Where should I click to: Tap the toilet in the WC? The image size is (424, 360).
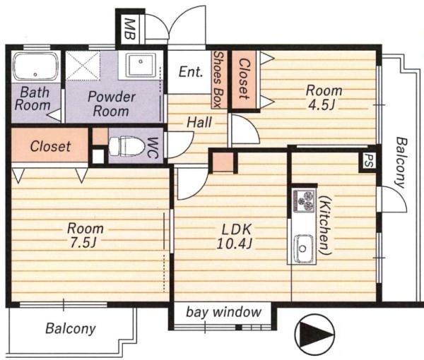point(126,146)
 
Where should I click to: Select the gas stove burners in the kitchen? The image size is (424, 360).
point(304,200)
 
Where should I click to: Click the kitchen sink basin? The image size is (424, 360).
point(303,248)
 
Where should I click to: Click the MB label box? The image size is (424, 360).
point(129,29)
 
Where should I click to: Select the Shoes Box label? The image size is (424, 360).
point(219,79)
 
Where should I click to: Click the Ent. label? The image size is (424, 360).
point(191,72)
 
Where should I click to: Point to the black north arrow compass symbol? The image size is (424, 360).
point(314,331)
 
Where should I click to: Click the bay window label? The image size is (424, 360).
point(224,312)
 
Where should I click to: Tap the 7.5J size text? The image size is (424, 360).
point(83,243)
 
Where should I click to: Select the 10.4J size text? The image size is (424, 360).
point(235,244)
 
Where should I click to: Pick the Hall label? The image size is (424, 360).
point(199,122)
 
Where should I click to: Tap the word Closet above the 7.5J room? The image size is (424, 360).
point(51,146)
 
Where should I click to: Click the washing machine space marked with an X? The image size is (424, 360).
point(83,66)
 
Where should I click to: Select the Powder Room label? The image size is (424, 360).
point(111,104)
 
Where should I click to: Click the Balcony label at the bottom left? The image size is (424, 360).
point(71,329)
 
